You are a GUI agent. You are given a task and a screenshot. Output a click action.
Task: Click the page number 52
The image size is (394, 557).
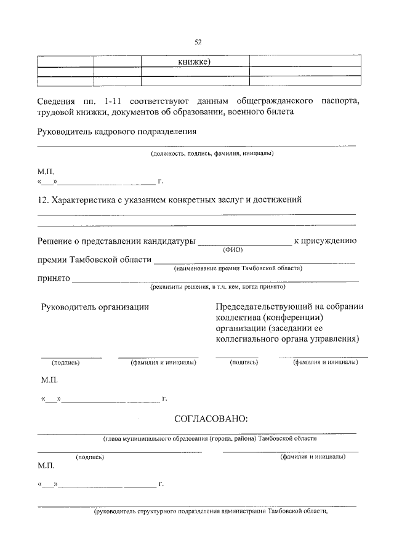[198, 42]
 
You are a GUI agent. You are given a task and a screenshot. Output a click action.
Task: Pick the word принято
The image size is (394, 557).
[53, 278]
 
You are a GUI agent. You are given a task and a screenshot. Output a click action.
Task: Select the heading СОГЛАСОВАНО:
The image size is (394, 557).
[211, 419]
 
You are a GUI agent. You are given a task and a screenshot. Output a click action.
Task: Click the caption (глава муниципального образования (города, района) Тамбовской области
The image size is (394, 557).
[210, 439]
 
